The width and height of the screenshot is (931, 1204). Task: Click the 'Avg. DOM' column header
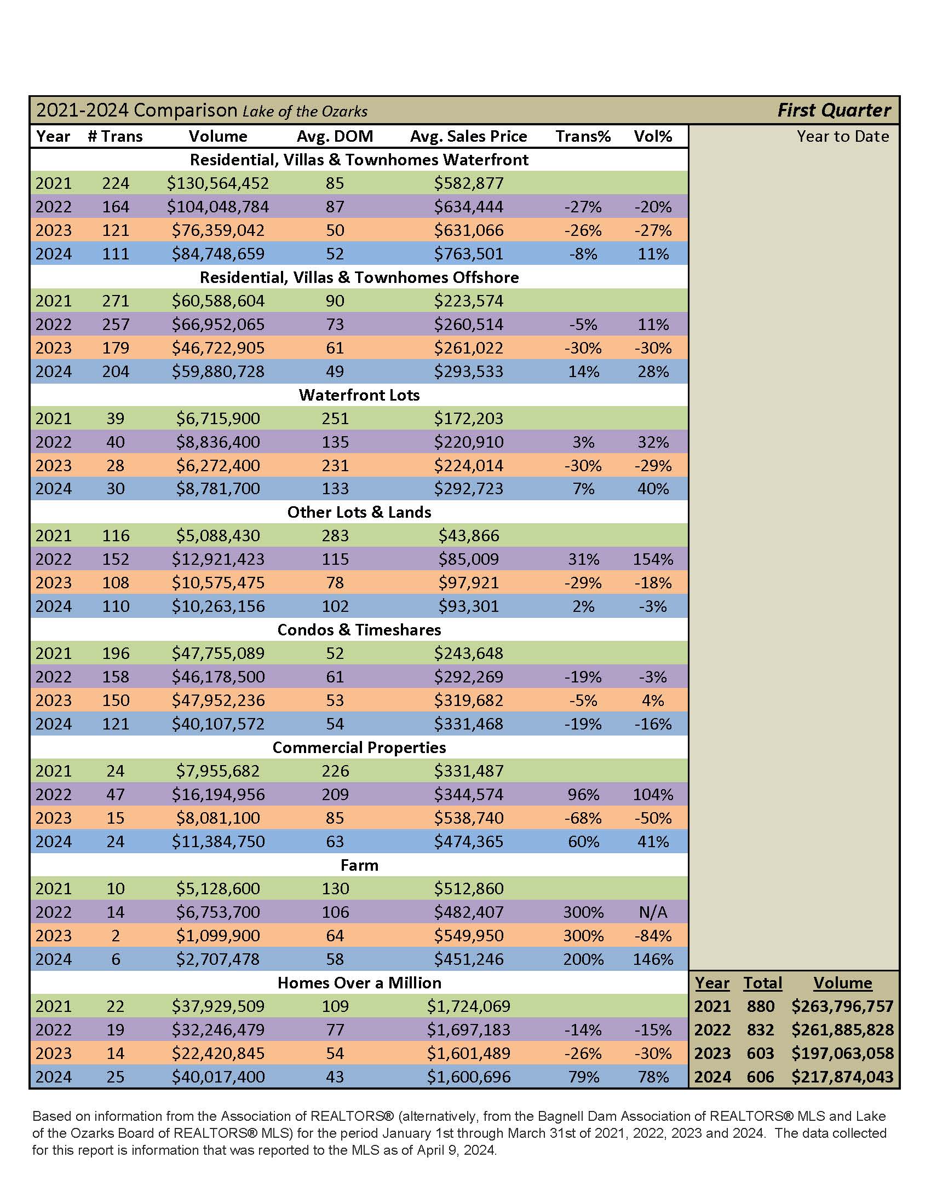(x=335, y=136)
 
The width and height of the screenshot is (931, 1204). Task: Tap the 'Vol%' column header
(x=653, y=136)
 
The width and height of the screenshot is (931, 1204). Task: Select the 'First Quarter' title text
(x=834, y=110)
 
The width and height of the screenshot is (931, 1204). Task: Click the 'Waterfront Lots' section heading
(x=359, y=395)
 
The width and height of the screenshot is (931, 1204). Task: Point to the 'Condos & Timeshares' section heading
(x=359, y=629)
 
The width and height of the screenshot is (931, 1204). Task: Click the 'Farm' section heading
(x=359, y=865)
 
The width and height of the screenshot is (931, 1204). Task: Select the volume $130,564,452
(x=218, y=183)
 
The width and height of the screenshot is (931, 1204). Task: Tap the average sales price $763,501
(x=468, y=253)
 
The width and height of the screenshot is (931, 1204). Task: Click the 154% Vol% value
(x=653, y=559)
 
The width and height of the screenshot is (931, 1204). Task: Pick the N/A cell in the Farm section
(x=653, y=912)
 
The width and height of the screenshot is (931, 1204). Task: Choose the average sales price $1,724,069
(x=468, y=1006)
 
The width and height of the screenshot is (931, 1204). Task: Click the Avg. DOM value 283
(x=335, y=535)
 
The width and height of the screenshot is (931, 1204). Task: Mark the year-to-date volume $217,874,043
(x=842, y=1076)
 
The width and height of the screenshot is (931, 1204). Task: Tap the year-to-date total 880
(x=761, y=1006)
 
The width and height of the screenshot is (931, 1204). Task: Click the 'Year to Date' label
(x=843, y=136)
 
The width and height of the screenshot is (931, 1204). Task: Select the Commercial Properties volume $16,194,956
(x=218, y=795)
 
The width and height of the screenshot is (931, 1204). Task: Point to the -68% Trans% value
(x=583, y=818)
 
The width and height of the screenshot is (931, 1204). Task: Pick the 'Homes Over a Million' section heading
(x=359, y=982)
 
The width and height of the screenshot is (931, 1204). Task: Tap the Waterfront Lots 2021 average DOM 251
(x=335, y=418)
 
